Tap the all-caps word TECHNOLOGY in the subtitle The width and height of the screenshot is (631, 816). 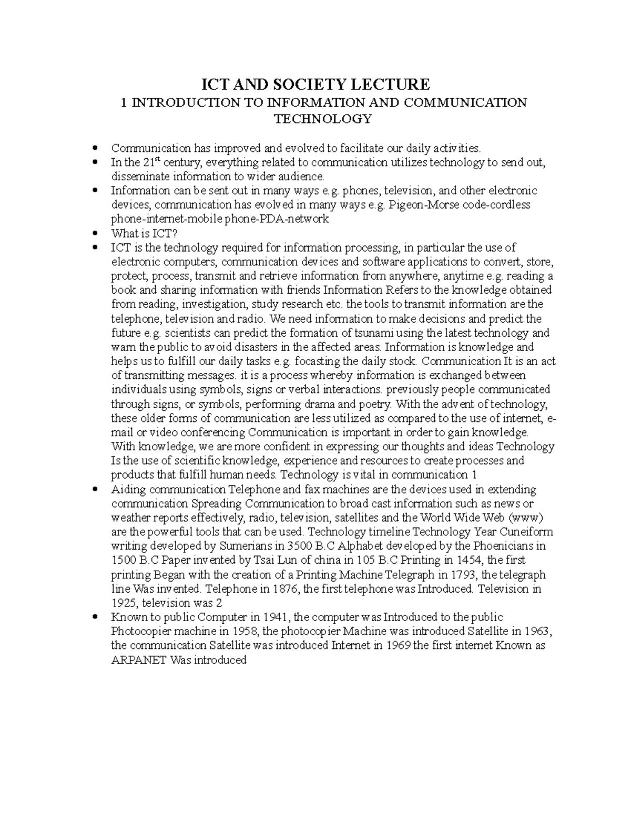323,119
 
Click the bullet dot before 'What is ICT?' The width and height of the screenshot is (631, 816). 95,233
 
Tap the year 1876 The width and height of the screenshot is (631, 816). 286,588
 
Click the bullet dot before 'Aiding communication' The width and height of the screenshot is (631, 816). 95,490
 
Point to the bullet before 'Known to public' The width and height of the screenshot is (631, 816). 95,617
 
